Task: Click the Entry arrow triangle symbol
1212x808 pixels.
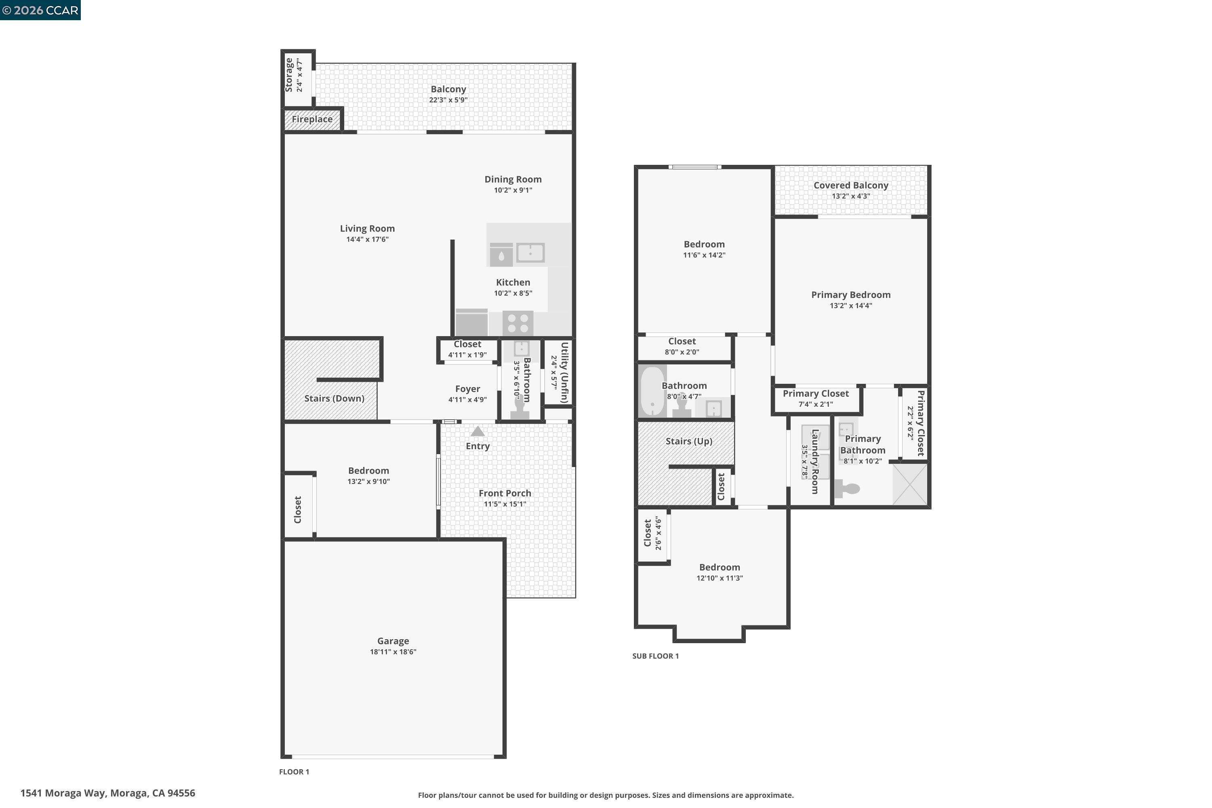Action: (478, 431)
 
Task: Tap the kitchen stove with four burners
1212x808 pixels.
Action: (518, 324)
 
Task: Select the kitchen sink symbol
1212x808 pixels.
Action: (530, 253)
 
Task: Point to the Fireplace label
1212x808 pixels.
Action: (312, 119)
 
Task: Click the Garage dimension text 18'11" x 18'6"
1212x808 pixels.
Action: (393, 652)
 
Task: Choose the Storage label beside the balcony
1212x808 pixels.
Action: (289, 75)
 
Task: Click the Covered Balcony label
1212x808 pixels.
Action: (851, 185)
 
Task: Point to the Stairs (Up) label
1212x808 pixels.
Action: (689, 441)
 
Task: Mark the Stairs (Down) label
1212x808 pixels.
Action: (334, 398)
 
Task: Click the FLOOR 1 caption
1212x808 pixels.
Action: (294, 771)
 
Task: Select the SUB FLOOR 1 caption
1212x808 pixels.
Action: (655, 656)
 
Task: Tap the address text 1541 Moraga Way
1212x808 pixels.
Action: (108, 793)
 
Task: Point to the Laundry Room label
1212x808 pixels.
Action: (815, 461)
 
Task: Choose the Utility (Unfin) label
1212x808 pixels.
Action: (564, 372)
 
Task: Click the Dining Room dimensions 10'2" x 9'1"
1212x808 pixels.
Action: (513, 190)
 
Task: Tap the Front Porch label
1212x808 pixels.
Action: (505, 493)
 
